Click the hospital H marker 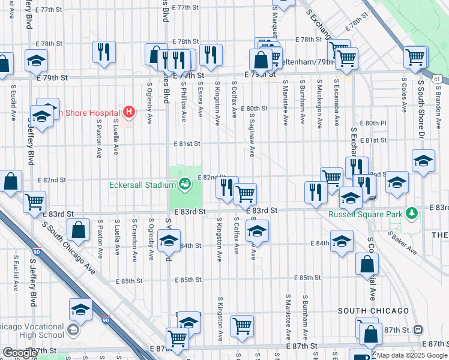(x=128, y=111)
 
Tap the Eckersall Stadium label (x=142, y=185)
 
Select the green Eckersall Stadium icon (x=185, y=182)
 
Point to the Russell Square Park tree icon (x=412, y=213)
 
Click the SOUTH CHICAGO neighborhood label (x=373, y=311)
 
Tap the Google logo (x=20, y=353)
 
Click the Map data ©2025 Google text (x=412, y=355)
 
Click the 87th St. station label (x=396, y=329)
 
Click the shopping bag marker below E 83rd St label (x=79, y=229)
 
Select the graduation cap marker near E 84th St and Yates (x=169, y=241)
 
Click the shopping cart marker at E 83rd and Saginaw (x=245, y=193)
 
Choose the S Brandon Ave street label (x=438, y=96)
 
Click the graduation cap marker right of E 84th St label (x=342, y=241)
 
